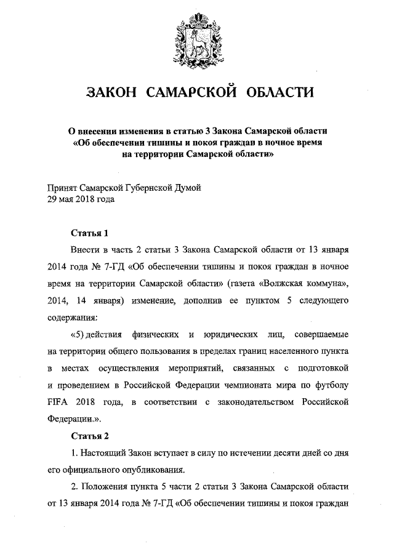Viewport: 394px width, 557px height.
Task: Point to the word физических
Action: click(155, 335)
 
